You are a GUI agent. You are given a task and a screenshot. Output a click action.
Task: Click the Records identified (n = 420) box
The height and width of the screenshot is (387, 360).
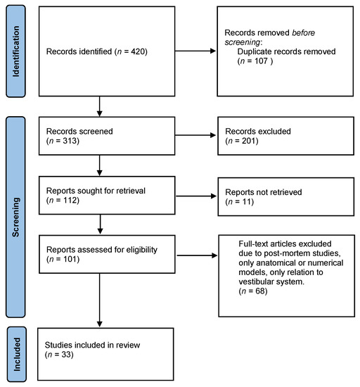pyautogui.click(x=103, y=51)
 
